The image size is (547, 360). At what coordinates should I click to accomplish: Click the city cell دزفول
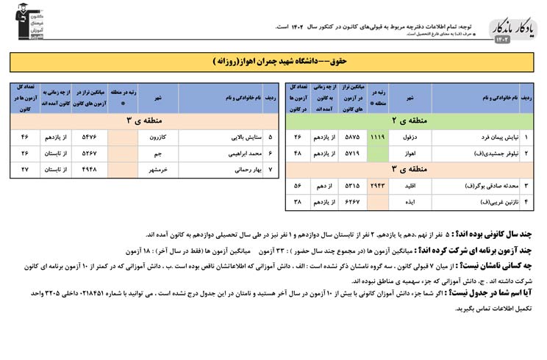tap(410, 137)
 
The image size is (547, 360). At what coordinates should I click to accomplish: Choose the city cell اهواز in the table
tap(410, 153)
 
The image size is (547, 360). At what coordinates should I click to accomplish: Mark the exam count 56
tap(298, 186)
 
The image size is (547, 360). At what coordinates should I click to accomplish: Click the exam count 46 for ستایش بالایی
tap(24, 137)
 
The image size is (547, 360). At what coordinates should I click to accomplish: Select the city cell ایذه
tap(410, 201)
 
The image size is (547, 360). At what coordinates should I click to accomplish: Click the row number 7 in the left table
tap(271, 169)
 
